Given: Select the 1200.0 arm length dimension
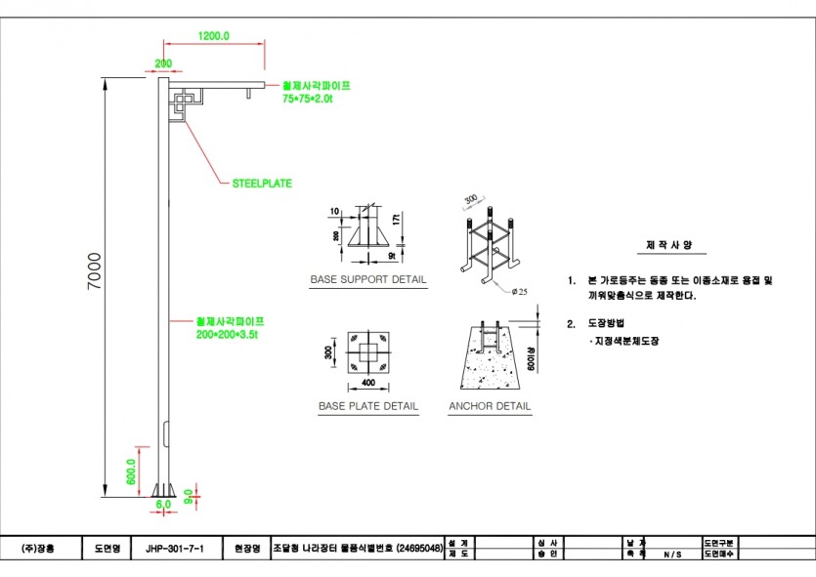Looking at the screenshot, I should point(213,35).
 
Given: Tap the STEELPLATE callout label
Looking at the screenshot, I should point(261,183).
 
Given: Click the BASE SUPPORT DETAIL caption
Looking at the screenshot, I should point(367,280).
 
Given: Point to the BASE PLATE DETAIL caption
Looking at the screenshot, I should point(367,406).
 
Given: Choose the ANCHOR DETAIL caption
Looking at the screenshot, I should point(490,406).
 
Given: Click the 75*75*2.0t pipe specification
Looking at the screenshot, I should point(308,99).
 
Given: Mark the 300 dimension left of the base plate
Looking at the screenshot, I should point(329,351).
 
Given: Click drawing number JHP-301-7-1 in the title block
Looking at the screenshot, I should point(175,549).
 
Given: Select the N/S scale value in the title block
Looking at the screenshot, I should point(673,555).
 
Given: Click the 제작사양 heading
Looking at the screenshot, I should point(664,245).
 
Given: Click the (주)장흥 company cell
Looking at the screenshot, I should point(40,549).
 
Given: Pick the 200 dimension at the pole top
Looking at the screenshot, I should point(162,63).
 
